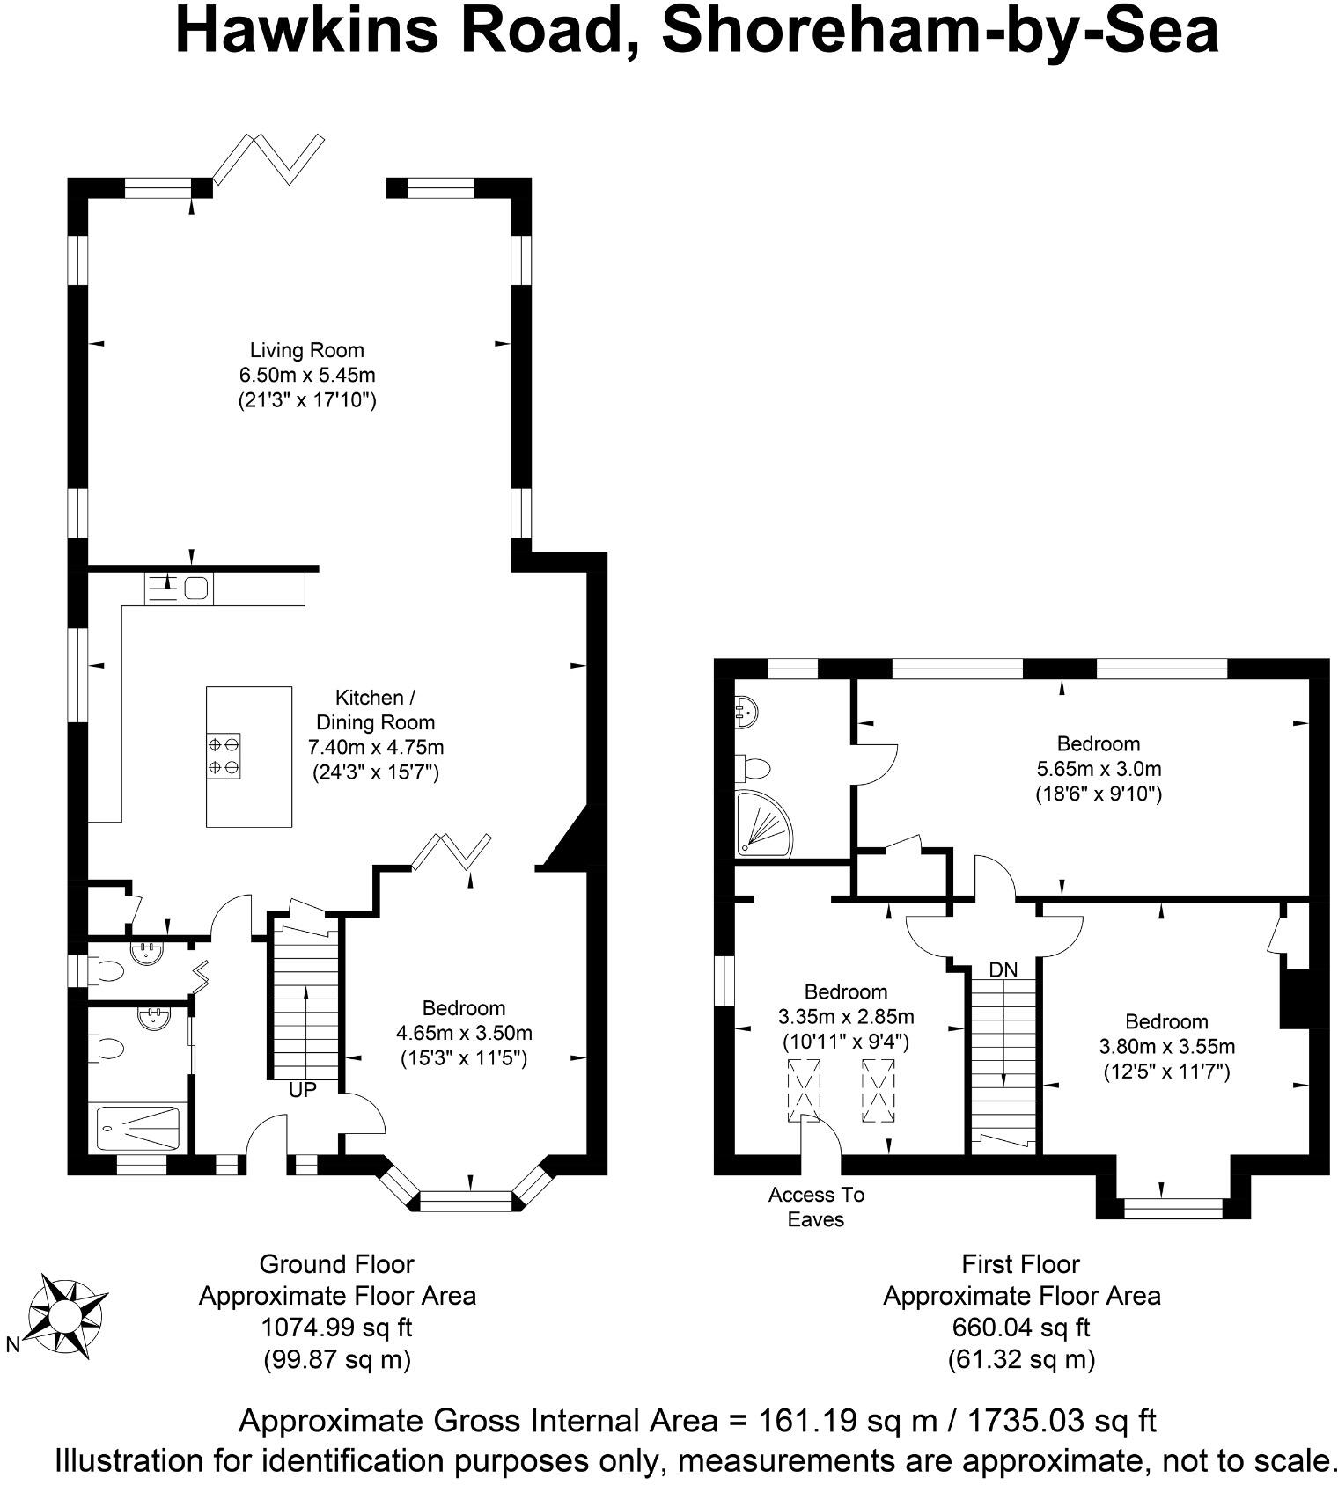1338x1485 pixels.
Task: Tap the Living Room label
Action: (x=306, y=350)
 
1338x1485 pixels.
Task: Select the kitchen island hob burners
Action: (x=224, y=756)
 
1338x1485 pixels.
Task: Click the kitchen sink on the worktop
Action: (x=196, y=587)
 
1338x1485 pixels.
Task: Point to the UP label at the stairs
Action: (x=302, y=1090)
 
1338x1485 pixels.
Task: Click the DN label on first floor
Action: (x=1003, y=970)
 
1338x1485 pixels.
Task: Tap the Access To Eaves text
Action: (x=816, y=1207)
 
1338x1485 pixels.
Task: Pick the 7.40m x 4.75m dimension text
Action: (x=375, y=748)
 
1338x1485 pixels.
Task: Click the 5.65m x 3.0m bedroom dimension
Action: (x=1099, y=768)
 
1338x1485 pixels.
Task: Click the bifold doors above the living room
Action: (x=270, y=158)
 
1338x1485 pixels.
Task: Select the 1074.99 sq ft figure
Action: (x=337, y=1327)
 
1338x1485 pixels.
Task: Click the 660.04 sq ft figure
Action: (x=1021, y=1327)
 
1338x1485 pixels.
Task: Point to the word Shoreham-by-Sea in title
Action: (x=939, y=32)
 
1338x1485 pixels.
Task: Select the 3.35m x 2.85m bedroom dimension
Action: (x=846, y=1017)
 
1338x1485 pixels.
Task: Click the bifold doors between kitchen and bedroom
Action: (x=452, y=852)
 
